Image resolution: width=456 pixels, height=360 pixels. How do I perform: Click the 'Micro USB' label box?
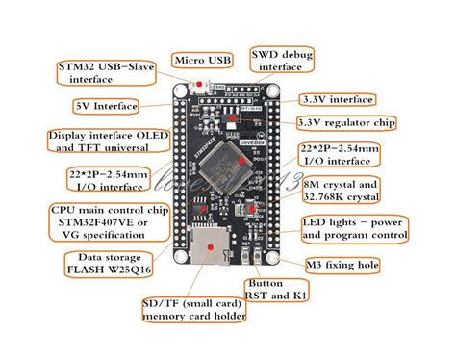tap(203, 60)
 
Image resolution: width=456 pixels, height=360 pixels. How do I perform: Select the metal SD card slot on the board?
tap(209, 251)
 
